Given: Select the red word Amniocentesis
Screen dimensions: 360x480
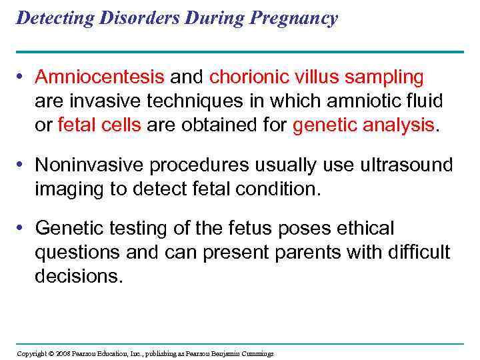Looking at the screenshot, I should pyautogui.click(x=100, y=77).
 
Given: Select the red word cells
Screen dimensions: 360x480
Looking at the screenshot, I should pyautogui.click(x=121, y=124).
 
